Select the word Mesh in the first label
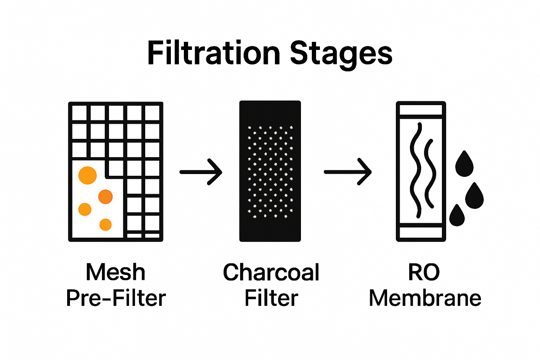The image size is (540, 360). [115, 272]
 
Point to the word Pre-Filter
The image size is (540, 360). [116, 298]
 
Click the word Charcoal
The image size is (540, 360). [271, 272]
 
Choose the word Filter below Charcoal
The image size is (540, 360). [271, 298]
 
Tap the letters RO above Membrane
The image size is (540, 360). [424, 272]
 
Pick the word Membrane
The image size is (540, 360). [425, 298]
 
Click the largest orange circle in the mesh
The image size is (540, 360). [88, 175]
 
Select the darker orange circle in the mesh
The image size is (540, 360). [105, 197]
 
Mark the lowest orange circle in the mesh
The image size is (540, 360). [105, 224]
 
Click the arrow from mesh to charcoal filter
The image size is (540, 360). [201, 172]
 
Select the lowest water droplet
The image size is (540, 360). [457, 216]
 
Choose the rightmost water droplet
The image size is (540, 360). [475, 197]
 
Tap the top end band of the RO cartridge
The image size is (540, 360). [421, 110]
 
